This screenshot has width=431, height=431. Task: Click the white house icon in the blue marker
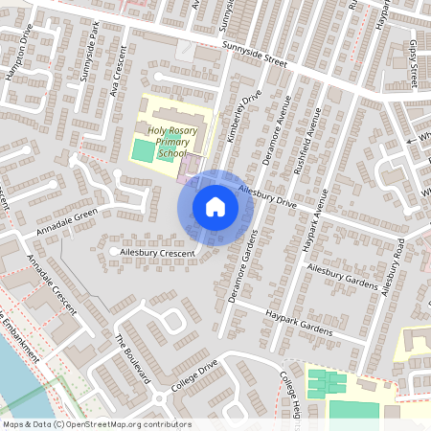coord(215,207)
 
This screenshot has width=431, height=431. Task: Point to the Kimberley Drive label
coord(243,118)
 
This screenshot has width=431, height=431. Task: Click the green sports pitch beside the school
coord(142,149)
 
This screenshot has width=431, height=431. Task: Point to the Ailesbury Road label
coord(393,265)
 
